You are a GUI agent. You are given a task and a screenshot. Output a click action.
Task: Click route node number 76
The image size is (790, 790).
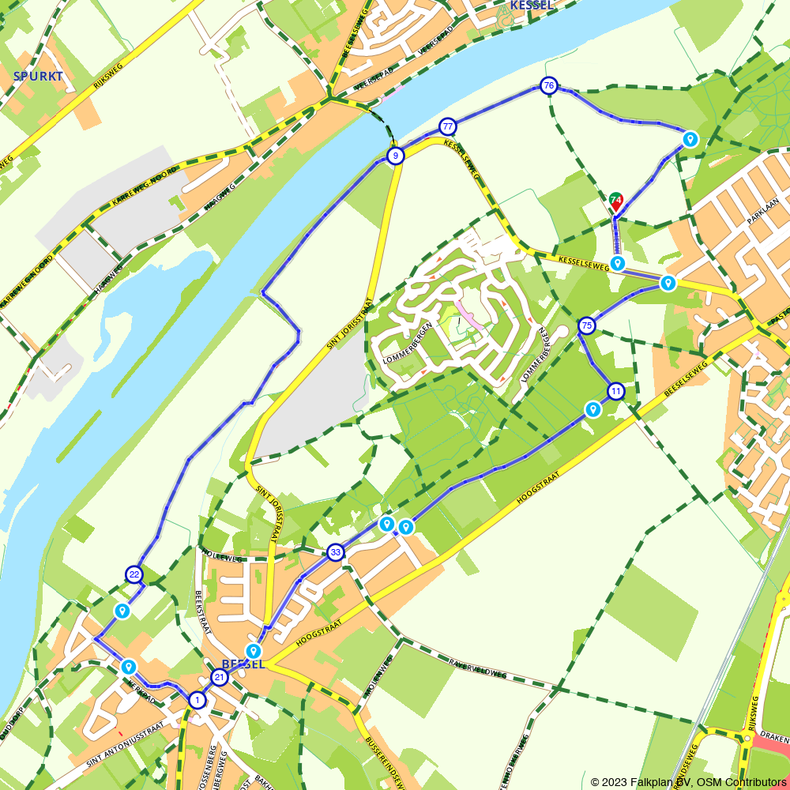click(549, 85)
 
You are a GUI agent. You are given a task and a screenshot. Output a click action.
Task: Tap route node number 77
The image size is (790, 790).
click(448, 126)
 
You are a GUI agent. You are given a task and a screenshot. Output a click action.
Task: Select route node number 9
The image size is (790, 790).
click(396, 156)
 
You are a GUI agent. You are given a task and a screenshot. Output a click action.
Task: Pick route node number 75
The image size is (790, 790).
click(586, 325)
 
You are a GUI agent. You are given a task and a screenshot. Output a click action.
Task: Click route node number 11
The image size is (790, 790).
click(615, 391)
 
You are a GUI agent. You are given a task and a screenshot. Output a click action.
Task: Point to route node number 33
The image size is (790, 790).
click(336, 552)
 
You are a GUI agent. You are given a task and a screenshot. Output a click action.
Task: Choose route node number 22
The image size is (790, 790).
click(134, 574)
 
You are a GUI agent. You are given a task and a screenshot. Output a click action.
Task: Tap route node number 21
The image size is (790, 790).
click(220, 677)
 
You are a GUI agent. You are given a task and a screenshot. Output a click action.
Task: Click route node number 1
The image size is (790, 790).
click(197, 699)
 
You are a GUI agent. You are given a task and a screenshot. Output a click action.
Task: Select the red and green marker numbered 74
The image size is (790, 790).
click(616, 201)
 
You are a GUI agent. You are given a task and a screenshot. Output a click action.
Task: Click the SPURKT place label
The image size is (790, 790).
click(37, 77)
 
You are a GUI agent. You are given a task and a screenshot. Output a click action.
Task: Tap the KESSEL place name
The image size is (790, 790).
click(532, 6)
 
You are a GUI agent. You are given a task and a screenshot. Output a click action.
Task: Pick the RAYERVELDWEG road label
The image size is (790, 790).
click(476, 668)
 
